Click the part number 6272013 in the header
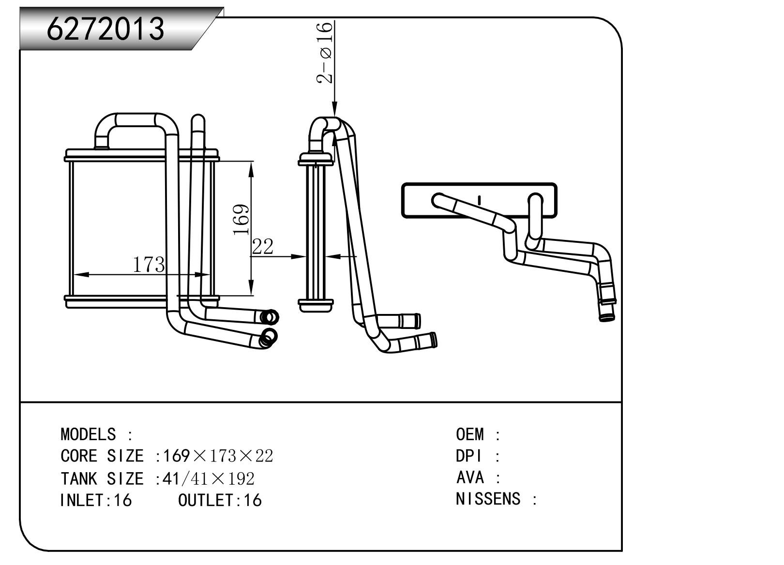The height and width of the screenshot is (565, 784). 106,29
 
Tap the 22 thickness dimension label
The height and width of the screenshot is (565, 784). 263,247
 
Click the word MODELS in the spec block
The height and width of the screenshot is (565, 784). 88,434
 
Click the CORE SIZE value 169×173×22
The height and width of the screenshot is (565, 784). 218,456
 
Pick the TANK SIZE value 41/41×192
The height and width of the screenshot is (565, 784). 209,478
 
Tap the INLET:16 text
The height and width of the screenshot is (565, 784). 96,500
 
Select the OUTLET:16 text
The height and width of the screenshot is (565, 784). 220,500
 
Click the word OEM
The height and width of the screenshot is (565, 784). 469,434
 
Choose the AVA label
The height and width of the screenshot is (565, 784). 469,477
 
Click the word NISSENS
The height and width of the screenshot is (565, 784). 488,499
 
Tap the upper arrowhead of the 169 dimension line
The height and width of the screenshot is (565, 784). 251,166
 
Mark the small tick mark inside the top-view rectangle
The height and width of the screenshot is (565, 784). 479,200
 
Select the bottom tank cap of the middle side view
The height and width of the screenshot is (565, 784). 316,305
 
